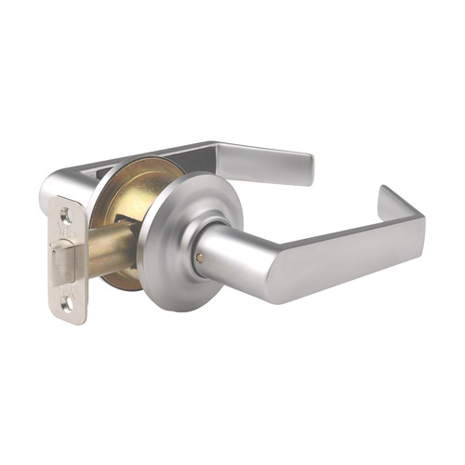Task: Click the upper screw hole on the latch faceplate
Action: click(64, 215)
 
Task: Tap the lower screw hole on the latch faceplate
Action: click(66, 302)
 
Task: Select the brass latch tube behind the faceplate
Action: click(110, 248)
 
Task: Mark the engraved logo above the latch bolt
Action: click(64, 232)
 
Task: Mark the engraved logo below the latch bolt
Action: click(66, 286)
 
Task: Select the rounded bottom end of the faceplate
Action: click(67, 316)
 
